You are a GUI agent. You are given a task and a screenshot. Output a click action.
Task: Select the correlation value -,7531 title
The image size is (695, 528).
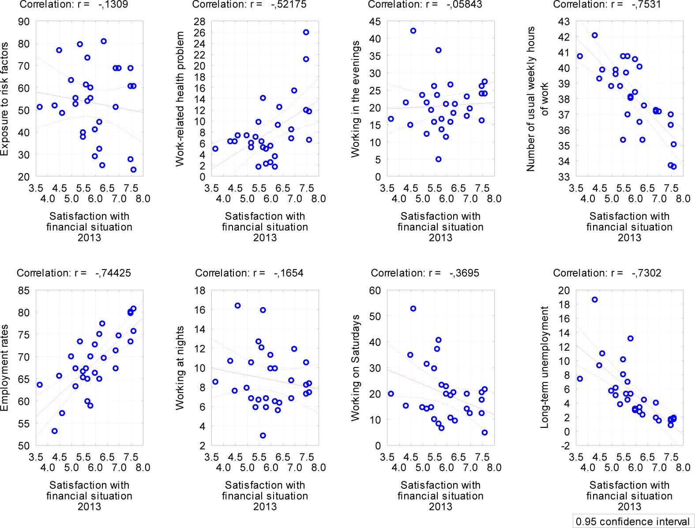tap(607, 4)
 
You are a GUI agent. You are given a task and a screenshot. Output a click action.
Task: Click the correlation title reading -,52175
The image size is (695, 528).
tap(249, 4)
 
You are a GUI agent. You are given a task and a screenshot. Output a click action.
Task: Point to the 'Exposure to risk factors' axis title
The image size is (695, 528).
tap(5, 99)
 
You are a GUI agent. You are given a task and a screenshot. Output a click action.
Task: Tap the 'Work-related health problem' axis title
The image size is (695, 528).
tap(180, 99)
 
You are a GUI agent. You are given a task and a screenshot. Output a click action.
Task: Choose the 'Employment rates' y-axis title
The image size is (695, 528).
tap(5, 368)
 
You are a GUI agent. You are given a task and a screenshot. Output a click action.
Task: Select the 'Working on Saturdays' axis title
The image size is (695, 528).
tap(355, 368)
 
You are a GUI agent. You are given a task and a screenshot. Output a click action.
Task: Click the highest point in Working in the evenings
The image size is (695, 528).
tap(413, 31)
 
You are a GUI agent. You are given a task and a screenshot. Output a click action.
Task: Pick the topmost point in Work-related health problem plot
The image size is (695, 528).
tap(306, 32)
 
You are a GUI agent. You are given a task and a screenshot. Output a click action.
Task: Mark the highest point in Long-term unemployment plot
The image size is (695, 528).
tap(594, 300)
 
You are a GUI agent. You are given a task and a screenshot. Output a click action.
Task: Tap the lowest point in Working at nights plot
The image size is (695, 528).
tap(263, 435)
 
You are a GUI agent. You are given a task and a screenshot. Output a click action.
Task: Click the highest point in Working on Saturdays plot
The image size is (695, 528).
tap(413, 309)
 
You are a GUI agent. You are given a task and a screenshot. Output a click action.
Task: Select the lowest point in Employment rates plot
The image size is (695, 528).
tap(55, 431)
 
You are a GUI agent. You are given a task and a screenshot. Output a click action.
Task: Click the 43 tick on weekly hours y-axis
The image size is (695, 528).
tap(564, 22)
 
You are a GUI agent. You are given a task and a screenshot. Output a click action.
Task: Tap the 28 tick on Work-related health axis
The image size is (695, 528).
tap(199, 22)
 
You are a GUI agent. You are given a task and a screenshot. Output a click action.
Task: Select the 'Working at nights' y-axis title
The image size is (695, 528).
tap(180, 368)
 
